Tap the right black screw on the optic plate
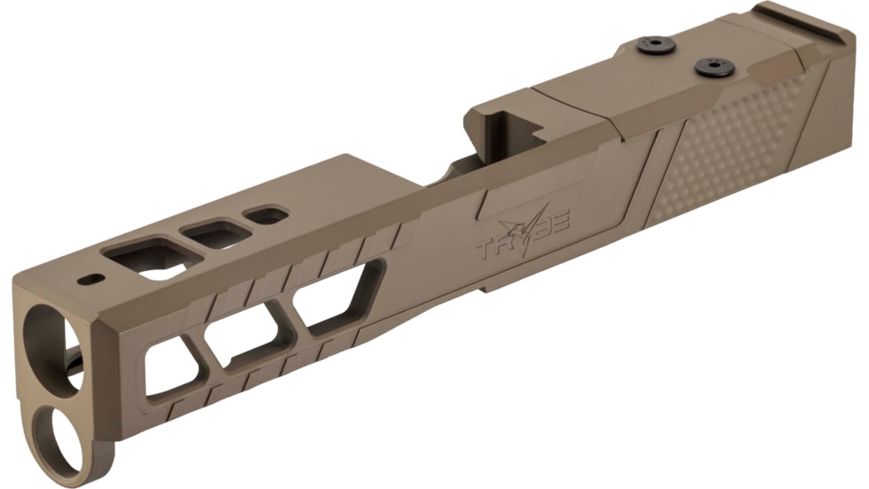[714, 67]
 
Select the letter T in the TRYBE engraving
[486, 245]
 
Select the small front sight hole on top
[91, 279]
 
